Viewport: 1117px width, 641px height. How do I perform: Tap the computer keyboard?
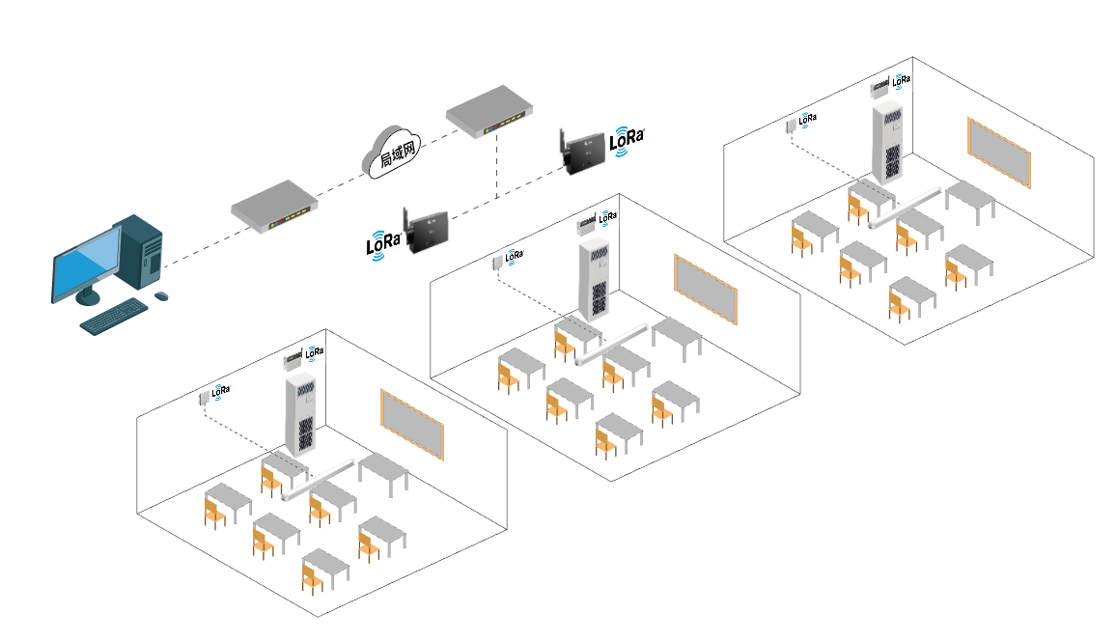click(x=114, y=317)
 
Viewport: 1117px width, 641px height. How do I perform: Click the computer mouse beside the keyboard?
click(x=160, y=295)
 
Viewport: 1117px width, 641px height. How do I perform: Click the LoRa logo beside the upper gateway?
click(x=627, y=139)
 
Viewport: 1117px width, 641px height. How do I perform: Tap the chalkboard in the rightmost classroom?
click(x=999, y=153)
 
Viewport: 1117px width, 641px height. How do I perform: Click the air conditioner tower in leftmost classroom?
click(x=302, y=415)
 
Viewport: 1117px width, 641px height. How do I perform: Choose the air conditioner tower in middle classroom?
click(x=597, y=281)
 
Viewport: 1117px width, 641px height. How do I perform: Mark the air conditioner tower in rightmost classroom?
click(x=891, y=144)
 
